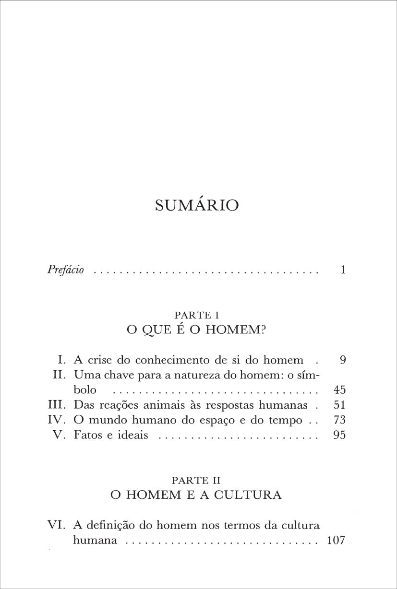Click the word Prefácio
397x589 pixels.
point(66,270)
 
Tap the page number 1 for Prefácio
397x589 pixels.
point(343,270)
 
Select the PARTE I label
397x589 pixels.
point(197,315)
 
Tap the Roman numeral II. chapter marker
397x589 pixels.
point(60,375)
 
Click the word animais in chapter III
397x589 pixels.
point(154,405)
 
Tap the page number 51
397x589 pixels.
point(339,405)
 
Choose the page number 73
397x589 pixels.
point(339,420)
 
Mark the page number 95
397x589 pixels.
point(339,436)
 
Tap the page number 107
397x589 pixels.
point(336,540)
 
